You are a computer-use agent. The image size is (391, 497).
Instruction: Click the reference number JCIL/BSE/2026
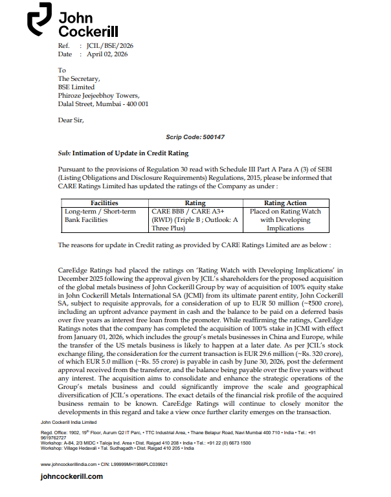(x=110, y=46)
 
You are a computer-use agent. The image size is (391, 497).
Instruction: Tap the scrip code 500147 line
(x=195, y=137)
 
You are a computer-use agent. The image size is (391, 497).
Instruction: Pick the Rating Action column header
(x=285, y=203)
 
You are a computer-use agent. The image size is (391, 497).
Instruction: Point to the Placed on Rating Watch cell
(x=285, y=219)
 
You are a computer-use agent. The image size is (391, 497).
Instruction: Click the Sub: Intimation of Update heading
(x=124, y=153)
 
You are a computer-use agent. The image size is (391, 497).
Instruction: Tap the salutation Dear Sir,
(x=71, y=120)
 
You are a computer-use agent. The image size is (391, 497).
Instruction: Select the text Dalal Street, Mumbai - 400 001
(x=104, y=104)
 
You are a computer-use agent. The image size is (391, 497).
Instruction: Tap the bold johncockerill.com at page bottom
(x=71, y=476)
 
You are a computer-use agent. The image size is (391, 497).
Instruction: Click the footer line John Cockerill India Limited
(x=69, y=421)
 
